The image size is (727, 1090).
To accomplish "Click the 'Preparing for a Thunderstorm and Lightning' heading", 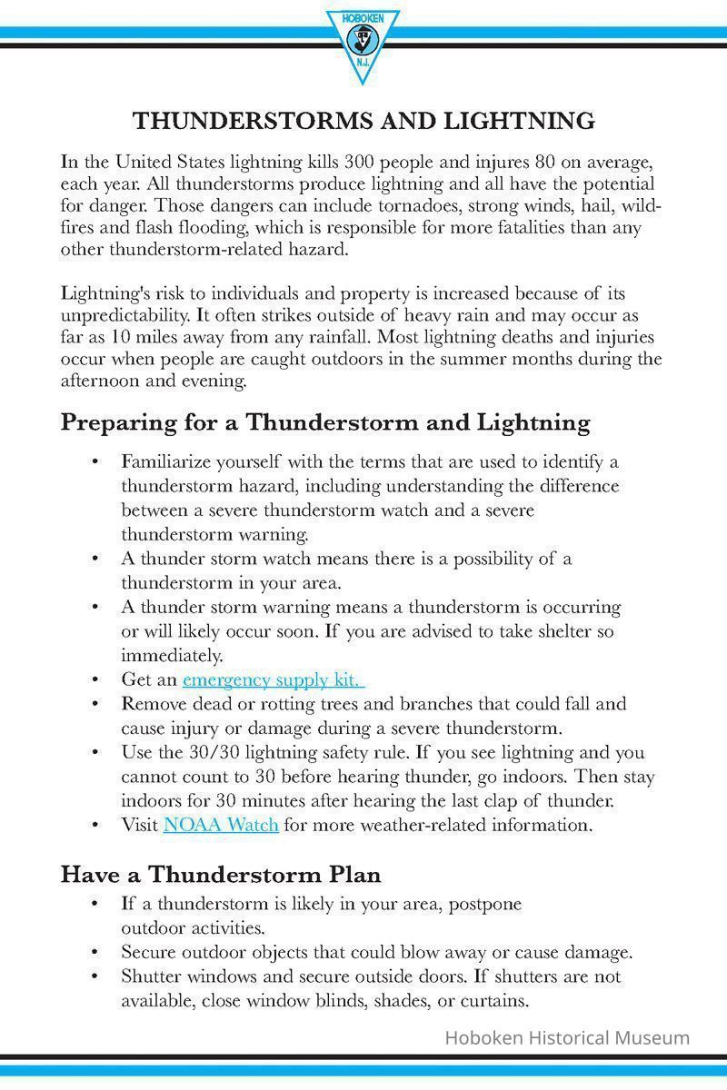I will coord(325,422).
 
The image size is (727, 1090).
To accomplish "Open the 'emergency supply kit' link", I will coord(273,679).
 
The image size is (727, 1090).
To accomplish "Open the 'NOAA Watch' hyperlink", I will coord(221,826).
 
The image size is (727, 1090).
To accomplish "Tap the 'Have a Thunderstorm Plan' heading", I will coord(221,875).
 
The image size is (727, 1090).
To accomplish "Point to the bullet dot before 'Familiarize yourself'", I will coord(95,461).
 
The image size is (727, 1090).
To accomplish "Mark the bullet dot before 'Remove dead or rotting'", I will coord(95,704).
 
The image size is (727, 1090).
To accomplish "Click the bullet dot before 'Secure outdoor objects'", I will coord(95,953).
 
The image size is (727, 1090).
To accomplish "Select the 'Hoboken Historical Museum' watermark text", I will coord(567,1037).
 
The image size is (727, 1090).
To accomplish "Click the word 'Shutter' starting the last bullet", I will coord(150,977).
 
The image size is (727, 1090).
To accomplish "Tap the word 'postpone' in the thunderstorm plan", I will coord(487,905).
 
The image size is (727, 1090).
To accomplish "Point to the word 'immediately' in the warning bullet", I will coord(171,655).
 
